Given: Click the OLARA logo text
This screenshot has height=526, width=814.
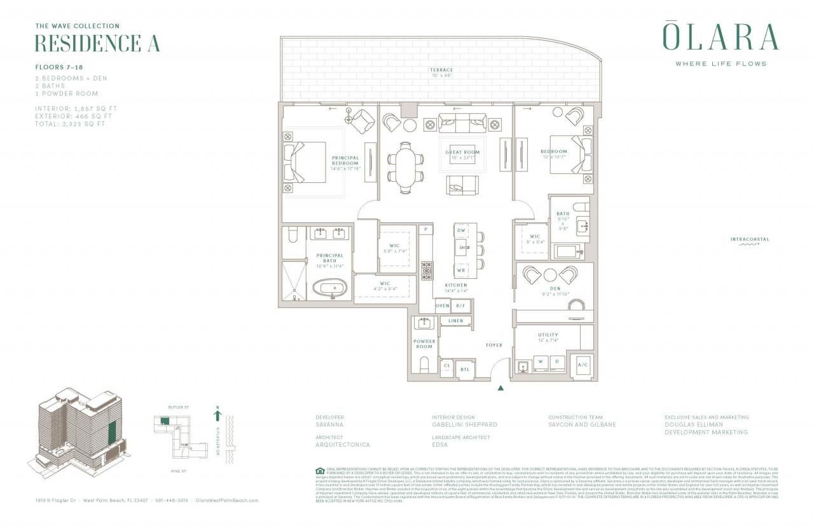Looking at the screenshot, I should tap(721, 37).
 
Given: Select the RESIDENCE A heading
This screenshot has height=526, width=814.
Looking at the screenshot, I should tap(97, 43).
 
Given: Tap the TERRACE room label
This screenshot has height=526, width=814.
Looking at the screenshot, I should tap(441, 70).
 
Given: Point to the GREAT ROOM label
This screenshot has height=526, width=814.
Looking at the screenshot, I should tap(462, 152).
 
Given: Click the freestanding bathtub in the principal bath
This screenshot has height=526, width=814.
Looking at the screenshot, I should tap(330, 288).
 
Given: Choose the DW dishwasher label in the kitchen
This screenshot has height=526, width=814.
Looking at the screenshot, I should tap(462, 231).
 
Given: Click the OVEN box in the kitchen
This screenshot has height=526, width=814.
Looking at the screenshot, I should tap(443, 306).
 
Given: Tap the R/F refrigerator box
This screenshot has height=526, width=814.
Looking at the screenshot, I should tap(462, 306).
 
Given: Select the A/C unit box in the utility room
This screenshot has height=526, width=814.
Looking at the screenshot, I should tap(583, 365).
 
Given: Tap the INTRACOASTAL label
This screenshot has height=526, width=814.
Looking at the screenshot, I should tap(750, 239).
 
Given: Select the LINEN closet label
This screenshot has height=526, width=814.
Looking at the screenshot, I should tap(455, 321).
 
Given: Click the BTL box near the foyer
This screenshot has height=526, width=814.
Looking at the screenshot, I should tap(465, 369).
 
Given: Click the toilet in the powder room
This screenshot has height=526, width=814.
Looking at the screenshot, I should tap(424, 365).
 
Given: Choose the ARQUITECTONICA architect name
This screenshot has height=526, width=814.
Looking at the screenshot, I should tap(343, 445).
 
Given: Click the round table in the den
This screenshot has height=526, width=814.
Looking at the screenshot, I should tap(551, 275).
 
